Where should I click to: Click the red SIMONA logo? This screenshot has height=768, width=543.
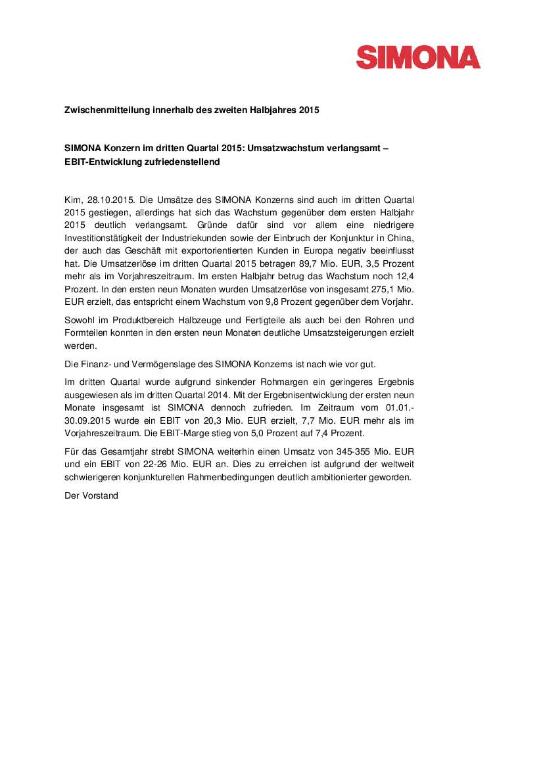[418, 56]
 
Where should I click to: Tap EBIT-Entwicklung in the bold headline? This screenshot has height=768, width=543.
[102, 162]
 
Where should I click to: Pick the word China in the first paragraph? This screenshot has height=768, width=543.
[399, 237]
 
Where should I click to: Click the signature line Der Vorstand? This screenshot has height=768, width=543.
[91, 495]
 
